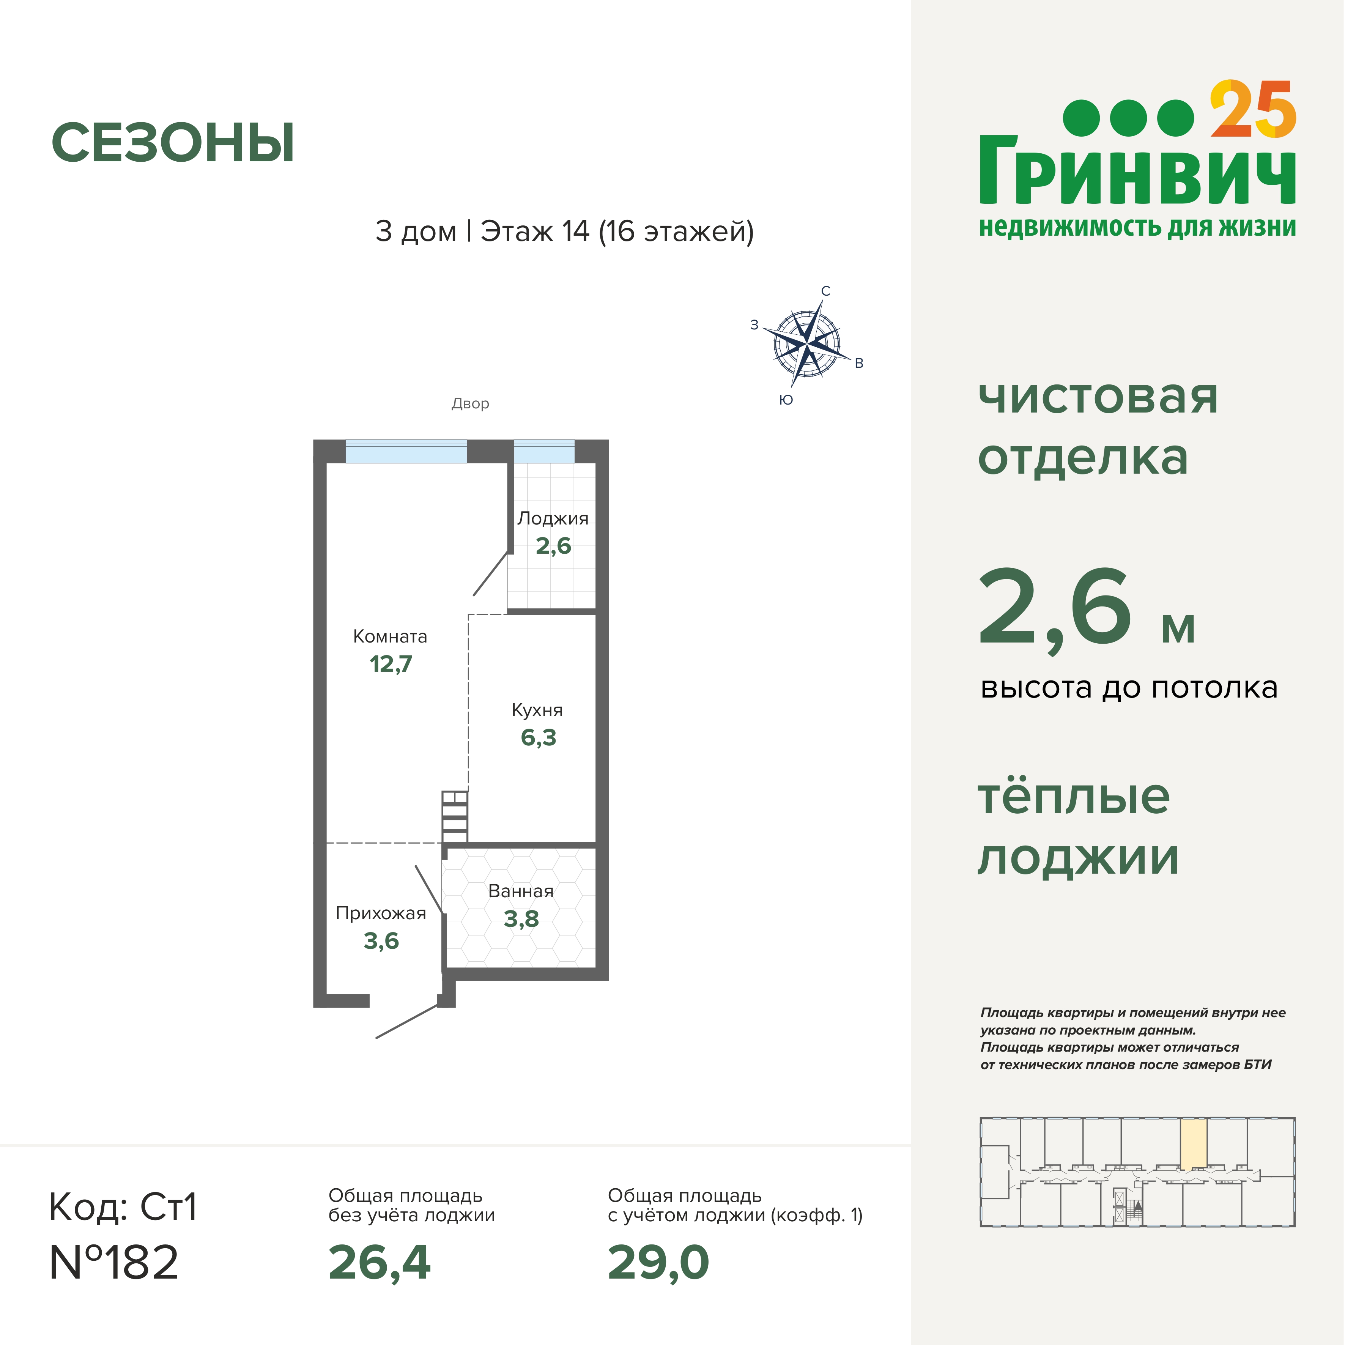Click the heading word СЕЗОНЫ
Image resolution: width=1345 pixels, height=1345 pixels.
tap(173, 143)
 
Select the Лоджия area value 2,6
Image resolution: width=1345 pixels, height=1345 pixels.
tap(553, 546)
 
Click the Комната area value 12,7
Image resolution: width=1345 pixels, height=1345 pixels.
tap(391, 664)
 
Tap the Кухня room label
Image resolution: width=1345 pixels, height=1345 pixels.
tap(537, 710)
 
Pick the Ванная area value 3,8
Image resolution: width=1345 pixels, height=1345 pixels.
tap(521, 919)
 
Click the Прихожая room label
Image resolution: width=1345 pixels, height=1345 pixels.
tap(381, 913)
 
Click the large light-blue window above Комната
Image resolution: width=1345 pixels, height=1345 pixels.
tap(406, 452)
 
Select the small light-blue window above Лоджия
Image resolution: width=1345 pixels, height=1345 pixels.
tap(544, 452)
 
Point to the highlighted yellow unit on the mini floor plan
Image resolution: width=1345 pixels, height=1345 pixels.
tap(1193, 1144)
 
